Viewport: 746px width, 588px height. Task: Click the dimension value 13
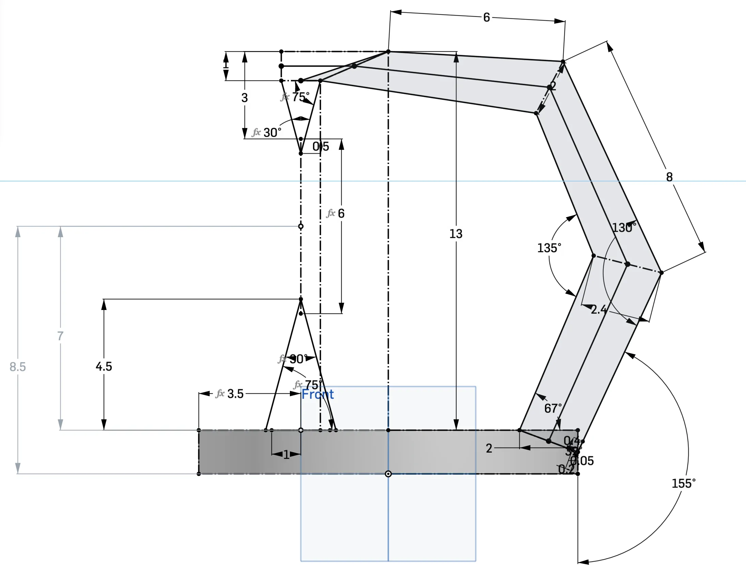coord(455,234)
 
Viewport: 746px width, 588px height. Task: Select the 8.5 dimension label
coord(18,366)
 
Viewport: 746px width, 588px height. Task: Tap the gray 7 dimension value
coord(60,336)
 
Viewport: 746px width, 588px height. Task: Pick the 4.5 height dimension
coord(104,366)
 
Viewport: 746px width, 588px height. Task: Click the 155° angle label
coord(683,483)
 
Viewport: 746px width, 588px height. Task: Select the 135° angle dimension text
coord(549,248)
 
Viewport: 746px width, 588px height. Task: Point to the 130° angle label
coord(624,228)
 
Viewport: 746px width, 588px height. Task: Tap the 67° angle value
coord(553,408)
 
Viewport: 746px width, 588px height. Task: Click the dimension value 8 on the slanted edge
coord(669,177)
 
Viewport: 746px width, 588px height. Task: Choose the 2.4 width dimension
coord(599,310)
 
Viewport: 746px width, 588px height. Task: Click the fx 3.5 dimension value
coord(235,393)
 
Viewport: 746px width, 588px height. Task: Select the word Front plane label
coord(317,394)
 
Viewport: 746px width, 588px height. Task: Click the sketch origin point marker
coord(388,474)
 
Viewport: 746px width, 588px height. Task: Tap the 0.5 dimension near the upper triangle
coord(321,147)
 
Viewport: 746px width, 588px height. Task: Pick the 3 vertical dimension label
coord(244,98)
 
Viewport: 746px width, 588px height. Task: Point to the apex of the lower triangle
coord(301,299)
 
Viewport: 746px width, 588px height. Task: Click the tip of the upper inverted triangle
coord(301,153)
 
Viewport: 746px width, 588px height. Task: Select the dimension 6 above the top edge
coord(486,17)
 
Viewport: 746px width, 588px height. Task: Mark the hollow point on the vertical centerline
coord(301,226)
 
